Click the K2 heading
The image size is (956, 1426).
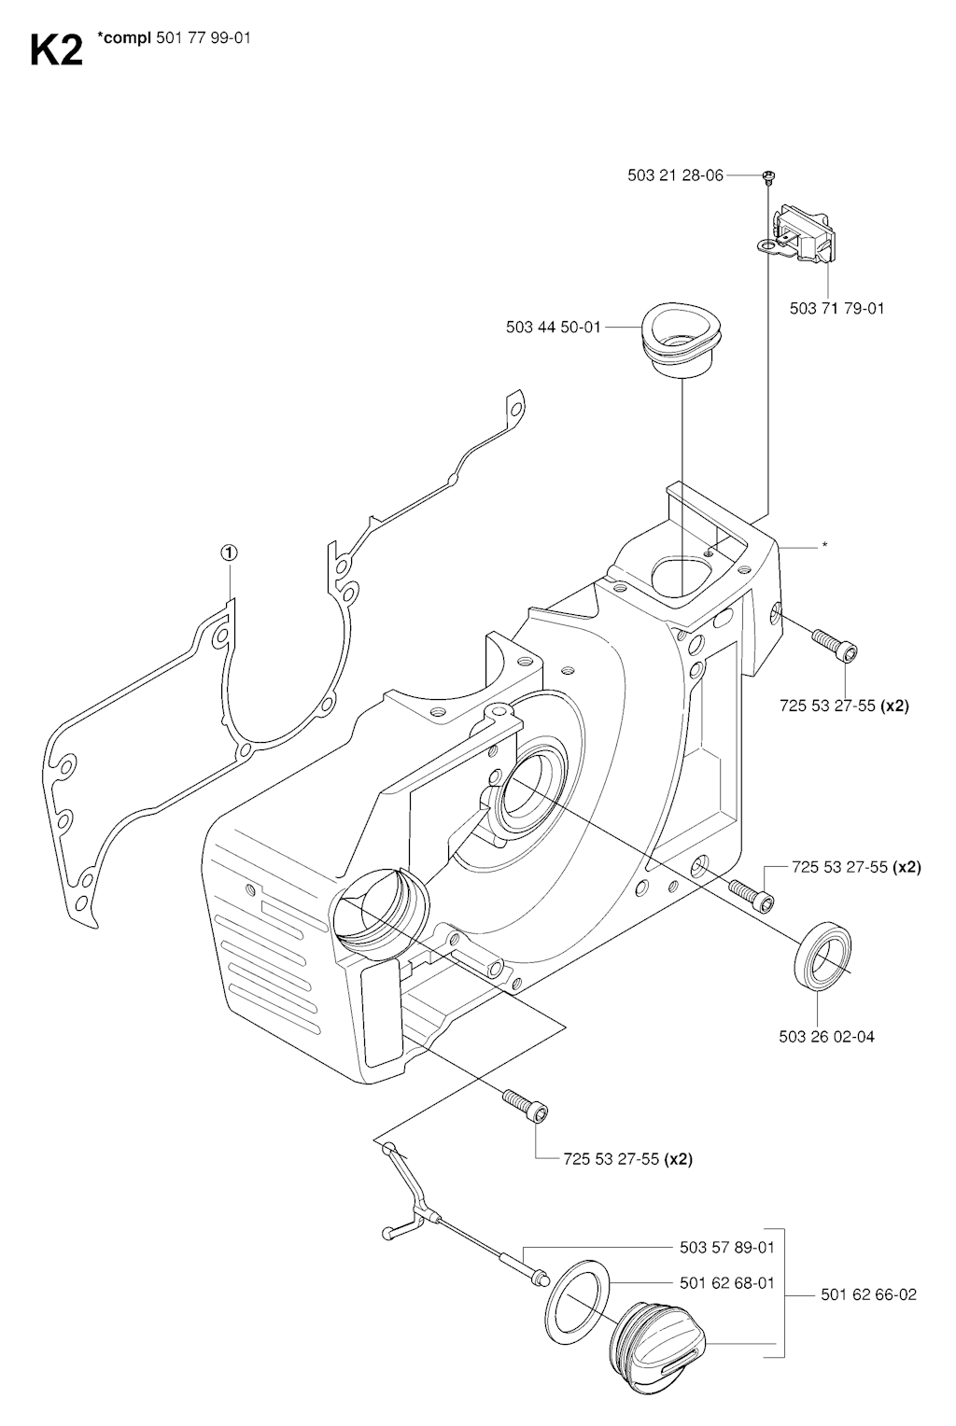(x=56, y=50)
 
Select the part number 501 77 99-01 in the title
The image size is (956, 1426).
(x=204, y=38)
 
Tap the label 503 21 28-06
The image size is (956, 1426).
(x=676, y=175)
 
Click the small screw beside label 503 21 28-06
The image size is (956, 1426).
(x=768, y=176)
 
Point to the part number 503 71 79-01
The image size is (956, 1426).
(x=836, y=308)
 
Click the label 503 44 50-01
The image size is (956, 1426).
(x=554, y=328)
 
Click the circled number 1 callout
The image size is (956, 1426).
(x=229, y=552)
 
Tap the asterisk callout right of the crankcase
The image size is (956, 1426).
(x=824, y=545)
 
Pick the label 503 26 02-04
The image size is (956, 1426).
(x=827, y=1037)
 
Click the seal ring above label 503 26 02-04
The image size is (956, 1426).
(x=822, y=955)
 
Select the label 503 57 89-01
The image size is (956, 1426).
(x=726, y=1247)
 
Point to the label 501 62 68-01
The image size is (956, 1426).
(x=726, y=1283)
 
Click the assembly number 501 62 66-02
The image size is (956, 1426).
(x=869, y=1294)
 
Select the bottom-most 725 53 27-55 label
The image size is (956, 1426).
(x=627, y=1159)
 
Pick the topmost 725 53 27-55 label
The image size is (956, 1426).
(x=844, y=706)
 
